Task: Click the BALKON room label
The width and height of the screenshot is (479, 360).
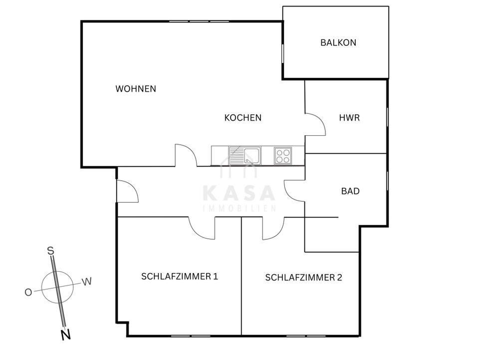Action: pyautogui.click(x=338, y=42)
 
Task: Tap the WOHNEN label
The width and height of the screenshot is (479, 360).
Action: pyautogui.click(x=136, y=89)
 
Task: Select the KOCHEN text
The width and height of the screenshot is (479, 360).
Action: pyautogui.click(x=243, y=118)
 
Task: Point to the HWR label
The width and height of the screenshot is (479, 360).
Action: pyautogui.click(x=349, y=118)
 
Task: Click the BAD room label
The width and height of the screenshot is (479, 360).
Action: pyautogui.click(x=350, y=191)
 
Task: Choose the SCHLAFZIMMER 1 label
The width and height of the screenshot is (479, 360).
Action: pyautogui.click(x=180, y=276)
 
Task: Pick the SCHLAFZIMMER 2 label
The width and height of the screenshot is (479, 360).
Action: pyautogui.click(x=303, y=278)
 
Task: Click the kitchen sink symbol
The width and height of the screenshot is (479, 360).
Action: pyautogui.click(x=244, y=155)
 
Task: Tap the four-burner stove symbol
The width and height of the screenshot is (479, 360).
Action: pyautogui.click(x=283, y=155)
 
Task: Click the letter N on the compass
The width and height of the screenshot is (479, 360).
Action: pyautogui.click(x=65, y=336)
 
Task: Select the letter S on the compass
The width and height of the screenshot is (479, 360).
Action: pyautogui.click(x=50, y=251)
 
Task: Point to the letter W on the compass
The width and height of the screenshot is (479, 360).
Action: pyautogui.click(x=87, y=282)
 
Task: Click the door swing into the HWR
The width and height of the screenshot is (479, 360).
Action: pyautogui.click(x=316, y=124)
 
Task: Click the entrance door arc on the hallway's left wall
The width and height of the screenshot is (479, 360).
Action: pyautogui.click(x=128, y=192)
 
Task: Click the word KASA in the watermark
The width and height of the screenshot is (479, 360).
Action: pyautogui.click(x=239, y=194)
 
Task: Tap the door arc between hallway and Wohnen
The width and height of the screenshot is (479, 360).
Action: pyautogui.click(x=186, y=155)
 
